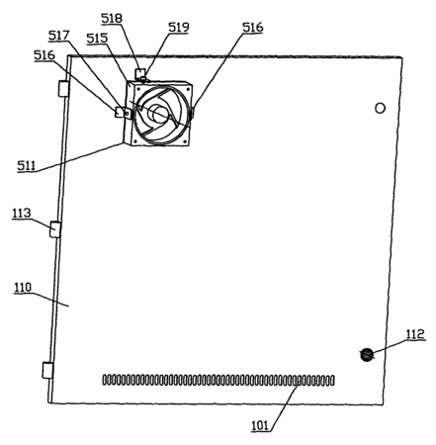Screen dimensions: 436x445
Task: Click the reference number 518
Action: pos(112,19)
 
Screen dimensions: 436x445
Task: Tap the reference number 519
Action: pos(179,27)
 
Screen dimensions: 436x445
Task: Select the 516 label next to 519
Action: pos(253,28)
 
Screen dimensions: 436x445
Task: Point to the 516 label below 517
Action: pos(44,55)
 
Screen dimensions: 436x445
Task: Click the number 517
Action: pos(59,36)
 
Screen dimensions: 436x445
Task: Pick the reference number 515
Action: pos(97,39)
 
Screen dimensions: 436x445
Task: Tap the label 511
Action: pos(27,165)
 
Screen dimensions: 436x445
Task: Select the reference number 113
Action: pos(22,214)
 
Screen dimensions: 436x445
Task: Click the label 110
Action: pos(23,288)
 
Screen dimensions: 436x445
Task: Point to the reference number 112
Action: pos(415,334)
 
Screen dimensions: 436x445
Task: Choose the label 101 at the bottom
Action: pos(260,426)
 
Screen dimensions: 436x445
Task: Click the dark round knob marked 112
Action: pos(366,355)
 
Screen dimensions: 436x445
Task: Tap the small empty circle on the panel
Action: pos(380,108)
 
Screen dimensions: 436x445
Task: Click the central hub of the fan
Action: pos(157,114)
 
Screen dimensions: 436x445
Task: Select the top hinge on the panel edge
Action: pos(63,89)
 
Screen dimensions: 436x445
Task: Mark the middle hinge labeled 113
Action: pos(55,229)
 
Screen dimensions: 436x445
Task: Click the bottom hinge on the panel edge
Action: pos(47,370)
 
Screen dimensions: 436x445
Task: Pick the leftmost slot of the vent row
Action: pos(105,380)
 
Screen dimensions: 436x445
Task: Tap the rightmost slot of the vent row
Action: pos(332,381)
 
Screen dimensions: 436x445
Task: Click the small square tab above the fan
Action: pos(140,72)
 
